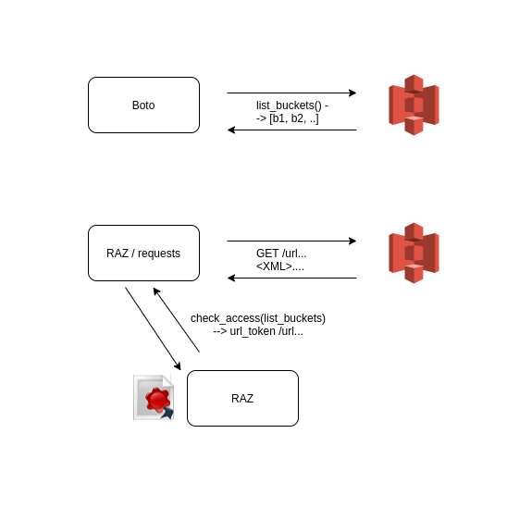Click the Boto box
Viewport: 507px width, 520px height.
coord(143,105)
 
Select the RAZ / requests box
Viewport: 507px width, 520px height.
coord(143,253)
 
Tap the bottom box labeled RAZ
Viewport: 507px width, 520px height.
coord(242,398)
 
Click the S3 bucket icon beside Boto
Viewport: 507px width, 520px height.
coord(414,105)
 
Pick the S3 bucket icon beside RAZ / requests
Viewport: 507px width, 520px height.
coord(414,253)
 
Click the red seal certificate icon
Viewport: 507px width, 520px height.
coord(154,398)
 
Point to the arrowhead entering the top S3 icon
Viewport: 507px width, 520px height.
coord(352,93)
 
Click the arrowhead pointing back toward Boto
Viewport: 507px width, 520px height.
coord(231,130)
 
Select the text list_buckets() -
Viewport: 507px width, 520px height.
coord(291,105)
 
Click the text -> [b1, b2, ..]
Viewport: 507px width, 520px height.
coord(287,118)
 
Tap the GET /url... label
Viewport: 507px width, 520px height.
coord(281,254)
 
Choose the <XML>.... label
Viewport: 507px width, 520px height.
coord(280,266)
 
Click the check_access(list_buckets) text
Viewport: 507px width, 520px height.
coord(258,318)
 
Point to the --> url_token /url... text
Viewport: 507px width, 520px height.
coord(258,331)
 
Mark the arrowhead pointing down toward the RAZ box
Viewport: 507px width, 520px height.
coord(178,366)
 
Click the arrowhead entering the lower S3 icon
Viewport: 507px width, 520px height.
coord(352,241)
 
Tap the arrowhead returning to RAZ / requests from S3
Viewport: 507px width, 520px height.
coord(231,278)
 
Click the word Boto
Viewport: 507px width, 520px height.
coord(143,105)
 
